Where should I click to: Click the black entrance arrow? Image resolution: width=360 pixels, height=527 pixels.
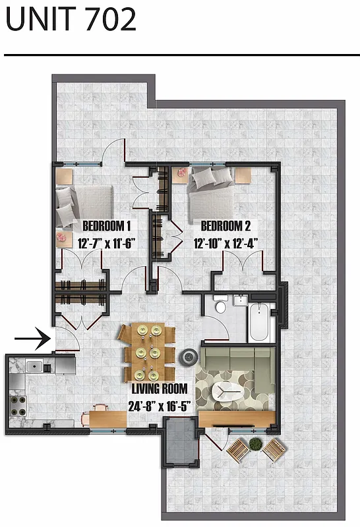31,340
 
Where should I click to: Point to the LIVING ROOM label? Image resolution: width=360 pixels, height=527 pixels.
160,389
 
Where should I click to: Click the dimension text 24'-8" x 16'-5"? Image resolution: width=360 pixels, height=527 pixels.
160,405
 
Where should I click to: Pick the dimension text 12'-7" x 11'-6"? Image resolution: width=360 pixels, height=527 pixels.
106,243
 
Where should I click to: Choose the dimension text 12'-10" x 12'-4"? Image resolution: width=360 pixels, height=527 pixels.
225,243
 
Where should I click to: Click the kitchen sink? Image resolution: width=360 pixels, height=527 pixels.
34,366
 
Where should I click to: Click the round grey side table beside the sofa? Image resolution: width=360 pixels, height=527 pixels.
190,357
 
